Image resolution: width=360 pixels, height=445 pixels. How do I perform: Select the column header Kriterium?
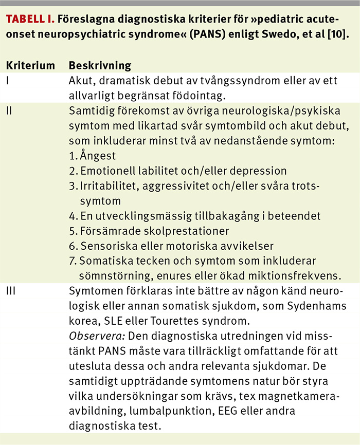(x=30, y=66)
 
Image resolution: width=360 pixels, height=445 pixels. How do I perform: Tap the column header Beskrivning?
(x=100, y=66)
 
